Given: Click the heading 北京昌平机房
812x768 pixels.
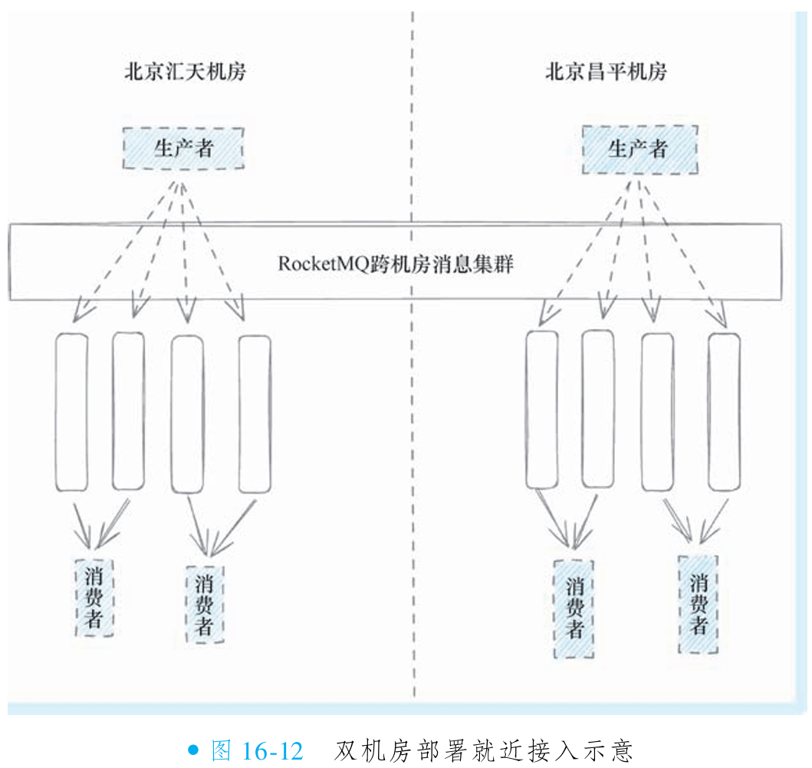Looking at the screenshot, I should (x=606, y=72).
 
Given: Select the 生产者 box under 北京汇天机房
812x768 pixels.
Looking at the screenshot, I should (x=183, y=148).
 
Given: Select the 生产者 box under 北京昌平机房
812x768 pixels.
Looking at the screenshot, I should (x=639, y=149).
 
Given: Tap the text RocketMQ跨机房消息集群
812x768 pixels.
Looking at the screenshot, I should (x=395, y=264).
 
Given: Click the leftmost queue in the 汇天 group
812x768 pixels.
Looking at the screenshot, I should (x=71, y=412).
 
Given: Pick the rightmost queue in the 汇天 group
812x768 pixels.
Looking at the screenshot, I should (x=255, y=414).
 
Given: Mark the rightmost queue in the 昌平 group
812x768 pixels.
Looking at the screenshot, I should (x=724, y=412).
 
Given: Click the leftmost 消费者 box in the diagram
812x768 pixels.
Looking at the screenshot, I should (x=94, y=598).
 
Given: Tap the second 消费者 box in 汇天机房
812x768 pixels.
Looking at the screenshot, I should (x=204, y=604).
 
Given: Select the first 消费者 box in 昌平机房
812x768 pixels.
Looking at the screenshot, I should (x=574, y=609).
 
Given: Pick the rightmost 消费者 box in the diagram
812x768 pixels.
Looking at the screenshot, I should (x=698, y=604).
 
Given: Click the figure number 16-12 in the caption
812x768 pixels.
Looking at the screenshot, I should (x=273, y=750).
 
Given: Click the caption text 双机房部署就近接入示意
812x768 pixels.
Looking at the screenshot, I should (x=483, y=750).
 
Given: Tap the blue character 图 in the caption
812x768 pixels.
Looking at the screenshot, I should (x=221, y=750).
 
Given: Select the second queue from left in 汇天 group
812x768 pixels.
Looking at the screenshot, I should (x=128, y=411).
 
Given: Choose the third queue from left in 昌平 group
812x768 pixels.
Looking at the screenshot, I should (x=658, y=412).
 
